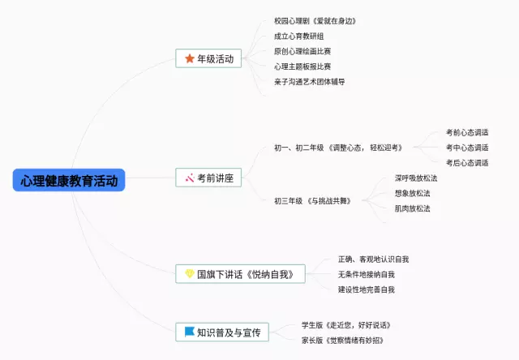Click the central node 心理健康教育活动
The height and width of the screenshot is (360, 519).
click(x=69, y=180)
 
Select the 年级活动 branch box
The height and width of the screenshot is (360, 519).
click(x=209, y=58)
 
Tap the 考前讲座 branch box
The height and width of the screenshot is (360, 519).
click(x=209, y=177)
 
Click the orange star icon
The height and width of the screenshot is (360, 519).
click(x=190, y=58)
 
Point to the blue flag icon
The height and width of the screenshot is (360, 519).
click(x=189, y=332)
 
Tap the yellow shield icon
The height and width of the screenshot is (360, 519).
click(x=190, y=274)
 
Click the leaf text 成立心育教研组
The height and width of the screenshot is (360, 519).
click(x=299, y=36)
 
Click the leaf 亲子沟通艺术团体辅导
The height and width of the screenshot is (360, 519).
click(x=310, y=81)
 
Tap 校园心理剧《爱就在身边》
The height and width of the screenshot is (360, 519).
click(x=315, y=20)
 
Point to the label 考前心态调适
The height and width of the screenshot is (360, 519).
click(x=467, y=132)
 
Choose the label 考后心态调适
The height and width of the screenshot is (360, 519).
click(x=467, y=162)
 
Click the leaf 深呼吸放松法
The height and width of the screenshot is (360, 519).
click(x=415, y=178)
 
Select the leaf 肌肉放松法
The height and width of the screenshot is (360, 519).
click(x=412, y=208)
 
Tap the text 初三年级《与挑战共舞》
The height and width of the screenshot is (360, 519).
click(x=312, y=200)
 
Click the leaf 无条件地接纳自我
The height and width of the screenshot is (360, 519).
click(x=367, y=274)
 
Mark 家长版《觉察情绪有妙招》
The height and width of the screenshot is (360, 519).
click(x=342, y=340)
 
